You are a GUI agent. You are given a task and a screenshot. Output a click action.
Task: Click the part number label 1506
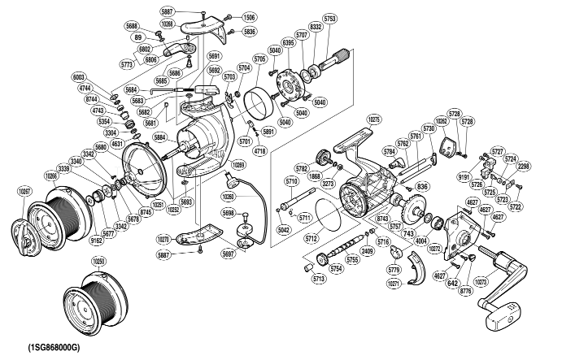point(248,17)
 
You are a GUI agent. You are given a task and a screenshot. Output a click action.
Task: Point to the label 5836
point(249,32)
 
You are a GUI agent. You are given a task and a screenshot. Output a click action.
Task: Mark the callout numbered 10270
point(163,240)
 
